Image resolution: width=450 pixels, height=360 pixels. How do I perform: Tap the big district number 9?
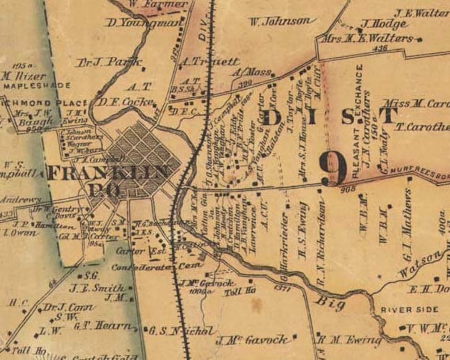coord(333,168)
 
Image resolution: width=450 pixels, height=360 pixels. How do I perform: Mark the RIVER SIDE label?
coord(409,310)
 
